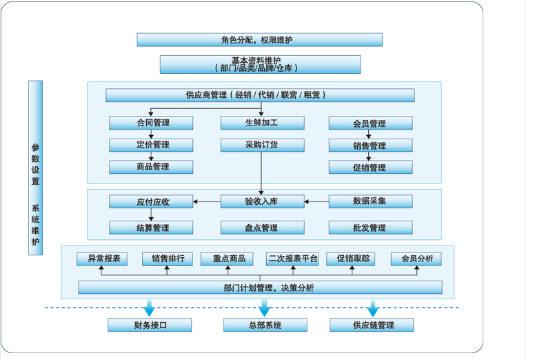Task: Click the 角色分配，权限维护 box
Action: pos(259,39)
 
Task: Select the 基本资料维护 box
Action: pos(260,64)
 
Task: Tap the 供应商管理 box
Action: pos(260,95)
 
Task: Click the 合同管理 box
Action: pos(151,123)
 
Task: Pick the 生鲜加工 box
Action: pos(262,123)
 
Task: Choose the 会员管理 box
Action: pos(370,123)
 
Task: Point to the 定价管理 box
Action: pos(151,145)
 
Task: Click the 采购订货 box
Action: pos(262,145)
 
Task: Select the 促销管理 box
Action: pos(370,167)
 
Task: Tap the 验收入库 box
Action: pos(262,201)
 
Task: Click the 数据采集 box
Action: pos(370,201)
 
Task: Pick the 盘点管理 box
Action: pos(262,228)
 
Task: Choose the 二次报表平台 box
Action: pos(292,259)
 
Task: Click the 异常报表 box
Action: pos(103,259)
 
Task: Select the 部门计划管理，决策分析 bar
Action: pos(260,288)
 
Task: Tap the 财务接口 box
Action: pos(150,325)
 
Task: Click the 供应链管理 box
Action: pos(372,325)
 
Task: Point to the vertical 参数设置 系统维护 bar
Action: pos(35,168)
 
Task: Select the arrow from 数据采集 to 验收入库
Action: pos(316,201)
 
